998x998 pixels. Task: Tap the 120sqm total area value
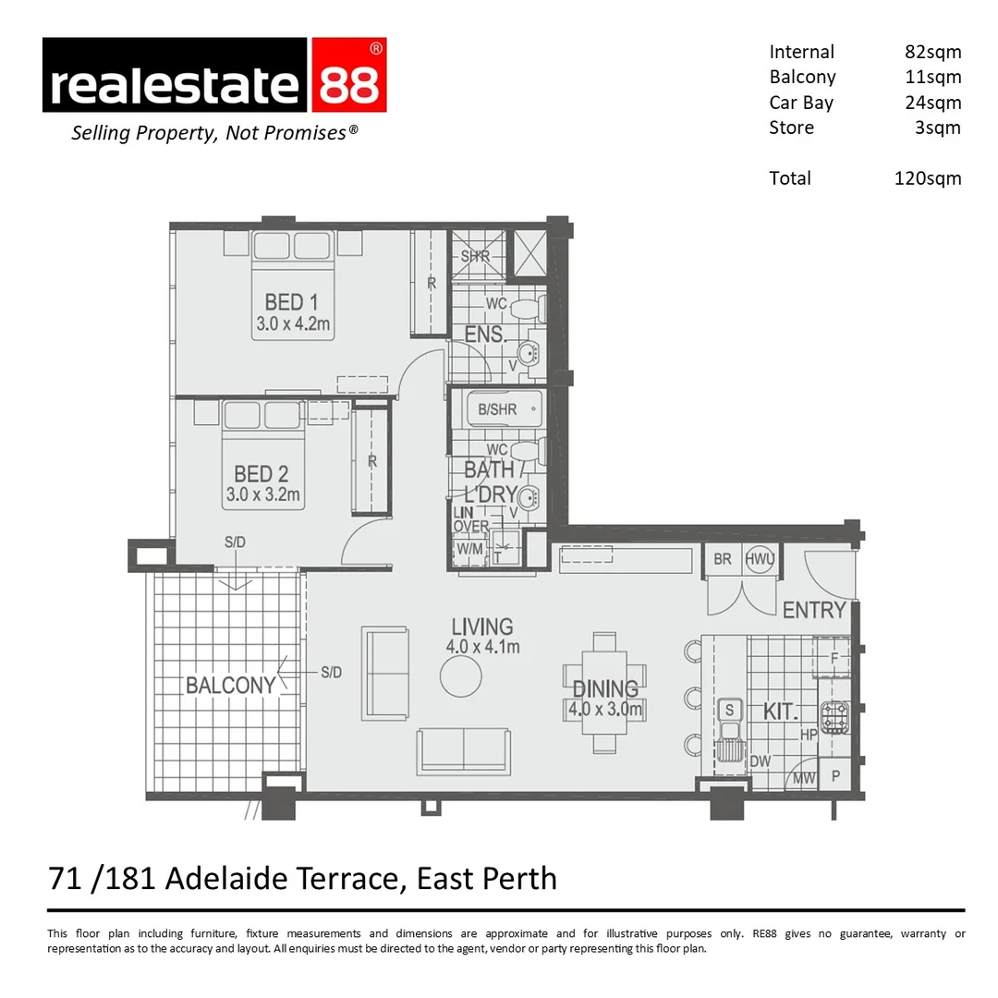pos(927,178)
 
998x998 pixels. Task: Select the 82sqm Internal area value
pos(932,52)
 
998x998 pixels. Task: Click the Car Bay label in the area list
pos(800,103)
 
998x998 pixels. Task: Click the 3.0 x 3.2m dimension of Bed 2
pos(263,495)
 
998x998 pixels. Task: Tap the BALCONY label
pos(230,685)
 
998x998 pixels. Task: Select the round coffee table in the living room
pos(460,676)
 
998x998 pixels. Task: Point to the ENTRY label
pos(813,610)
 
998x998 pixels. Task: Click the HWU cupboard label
pos(759,560)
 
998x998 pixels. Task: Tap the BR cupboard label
pos(723,560)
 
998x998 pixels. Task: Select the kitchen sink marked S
pos(729,710)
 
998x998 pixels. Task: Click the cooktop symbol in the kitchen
pos(834,718)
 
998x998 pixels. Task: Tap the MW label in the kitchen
pos(804,778)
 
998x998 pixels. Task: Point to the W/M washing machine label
pos(469,548)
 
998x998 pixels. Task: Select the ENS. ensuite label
pos(485,335)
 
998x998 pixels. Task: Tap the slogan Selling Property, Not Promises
pos(214,133)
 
